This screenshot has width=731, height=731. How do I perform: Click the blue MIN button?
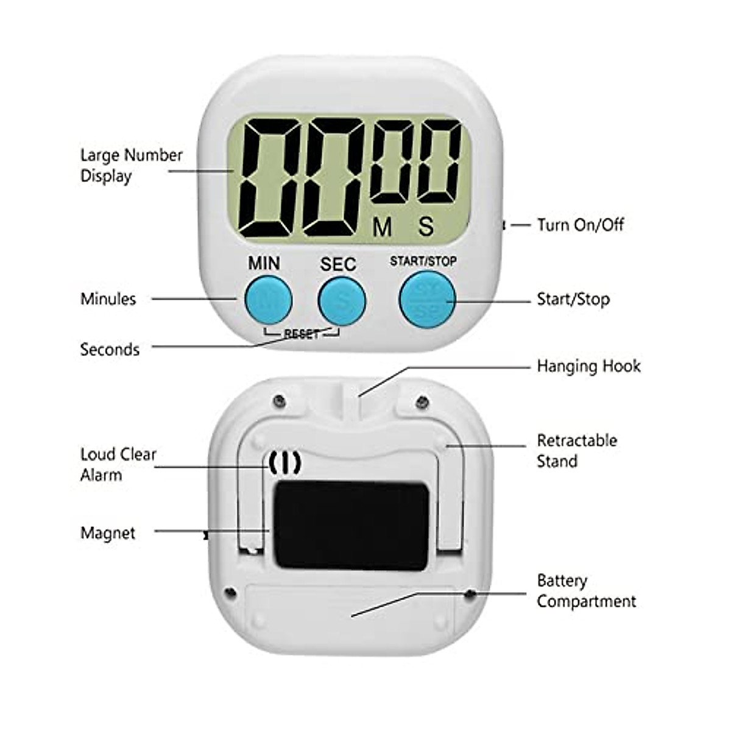(268, 299)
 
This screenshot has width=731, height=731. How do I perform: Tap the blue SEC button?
(342, 300)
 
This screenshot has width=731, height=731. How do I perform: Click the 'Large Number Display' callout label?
(131, 165)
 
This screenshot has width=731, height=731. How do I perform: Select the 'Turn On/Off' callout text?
(580, 225)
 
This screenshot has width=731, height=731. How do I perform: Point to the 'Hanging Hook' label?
(588, 366)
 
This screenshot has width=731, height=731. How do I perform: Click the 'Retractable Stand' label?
(577, 451)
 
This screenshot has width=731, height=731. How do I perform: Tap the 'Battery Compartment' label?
(586, 591)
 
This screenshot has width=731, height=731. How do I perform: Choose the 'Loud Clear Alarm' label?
(118, 464)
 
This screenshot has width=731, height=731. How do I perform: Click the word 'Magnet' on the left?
(108, 533)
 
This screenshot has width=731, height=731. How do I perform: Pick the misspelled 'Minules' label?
(108, 298)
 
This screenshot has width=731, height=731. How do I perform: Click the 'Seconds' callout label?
(110, 349)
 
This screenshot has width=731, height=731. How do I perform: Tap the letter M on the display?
(383, 227)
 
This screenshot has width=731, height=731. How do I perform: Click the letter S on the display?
(426, 227)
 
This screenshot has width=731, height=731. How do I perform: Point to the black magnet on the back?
(350, 525)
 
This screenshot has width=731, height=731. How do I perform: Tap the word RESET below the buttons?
(302, 334)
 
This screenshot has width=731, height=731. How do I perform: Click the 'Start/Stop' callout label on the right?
(573, 299)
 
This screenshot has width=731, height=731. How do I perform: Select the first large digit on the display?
(268, 177)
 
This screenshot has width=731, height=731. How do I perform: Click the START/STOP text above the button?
(423, 261)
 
